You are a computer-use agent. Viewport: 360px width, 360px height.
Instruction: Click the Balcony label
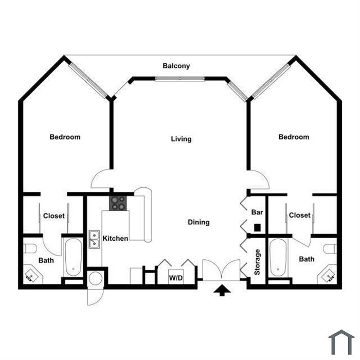[176, 66]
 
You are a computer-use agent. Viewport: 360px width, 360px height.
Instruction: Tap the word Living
[181, 139]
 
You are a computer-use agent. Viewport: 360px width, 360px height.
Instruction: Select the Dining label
[199, 222]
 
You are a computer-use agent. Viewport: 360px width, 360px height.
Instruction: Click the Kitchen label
[115, 238]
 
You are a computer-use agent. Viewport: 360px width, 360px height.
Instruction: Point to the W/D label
[176, 278]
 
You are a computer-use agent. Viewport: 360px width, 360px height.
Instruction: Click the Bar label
[257, 212]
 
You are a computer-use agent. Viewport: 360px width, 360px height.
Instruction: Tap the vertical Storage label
[257, 262]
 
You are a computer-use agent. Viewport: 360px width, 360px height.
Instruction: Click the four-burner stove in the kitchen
[118, 203]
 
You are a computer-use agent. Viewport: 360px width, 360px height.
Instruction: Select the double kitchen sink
[94, 239]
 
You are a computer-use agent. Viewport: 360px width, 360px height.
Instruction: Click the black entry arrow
[222, 290]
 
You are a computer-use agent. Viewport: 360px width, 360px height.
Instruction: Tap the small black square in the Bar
[257, 227]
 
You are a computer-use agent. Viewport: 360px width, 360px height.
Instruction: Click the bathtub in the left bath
[73, 257]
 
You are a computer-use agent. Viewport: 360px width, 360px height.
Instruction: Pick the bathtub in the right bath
[278, 257]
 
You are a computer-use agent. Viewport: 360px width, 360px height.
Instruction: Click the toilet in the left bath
[30, 248]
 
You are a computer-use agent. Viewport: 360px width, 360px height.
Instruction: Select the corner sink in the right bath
[328, 275]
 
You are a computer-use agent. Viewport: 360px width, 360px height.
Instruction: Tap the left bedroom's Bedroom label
[65, 137]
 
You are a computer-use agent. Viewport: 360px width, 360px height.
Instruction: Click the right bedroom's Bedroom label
[294, 137]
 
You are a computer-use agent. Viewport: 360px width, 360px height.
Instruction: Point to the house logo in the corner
[341, 343]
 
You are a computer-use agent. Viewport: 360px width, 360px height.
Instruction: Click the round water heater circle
[96, 279]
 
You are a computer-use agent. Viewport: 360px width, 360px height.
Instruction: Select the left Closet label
[54, 216]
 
